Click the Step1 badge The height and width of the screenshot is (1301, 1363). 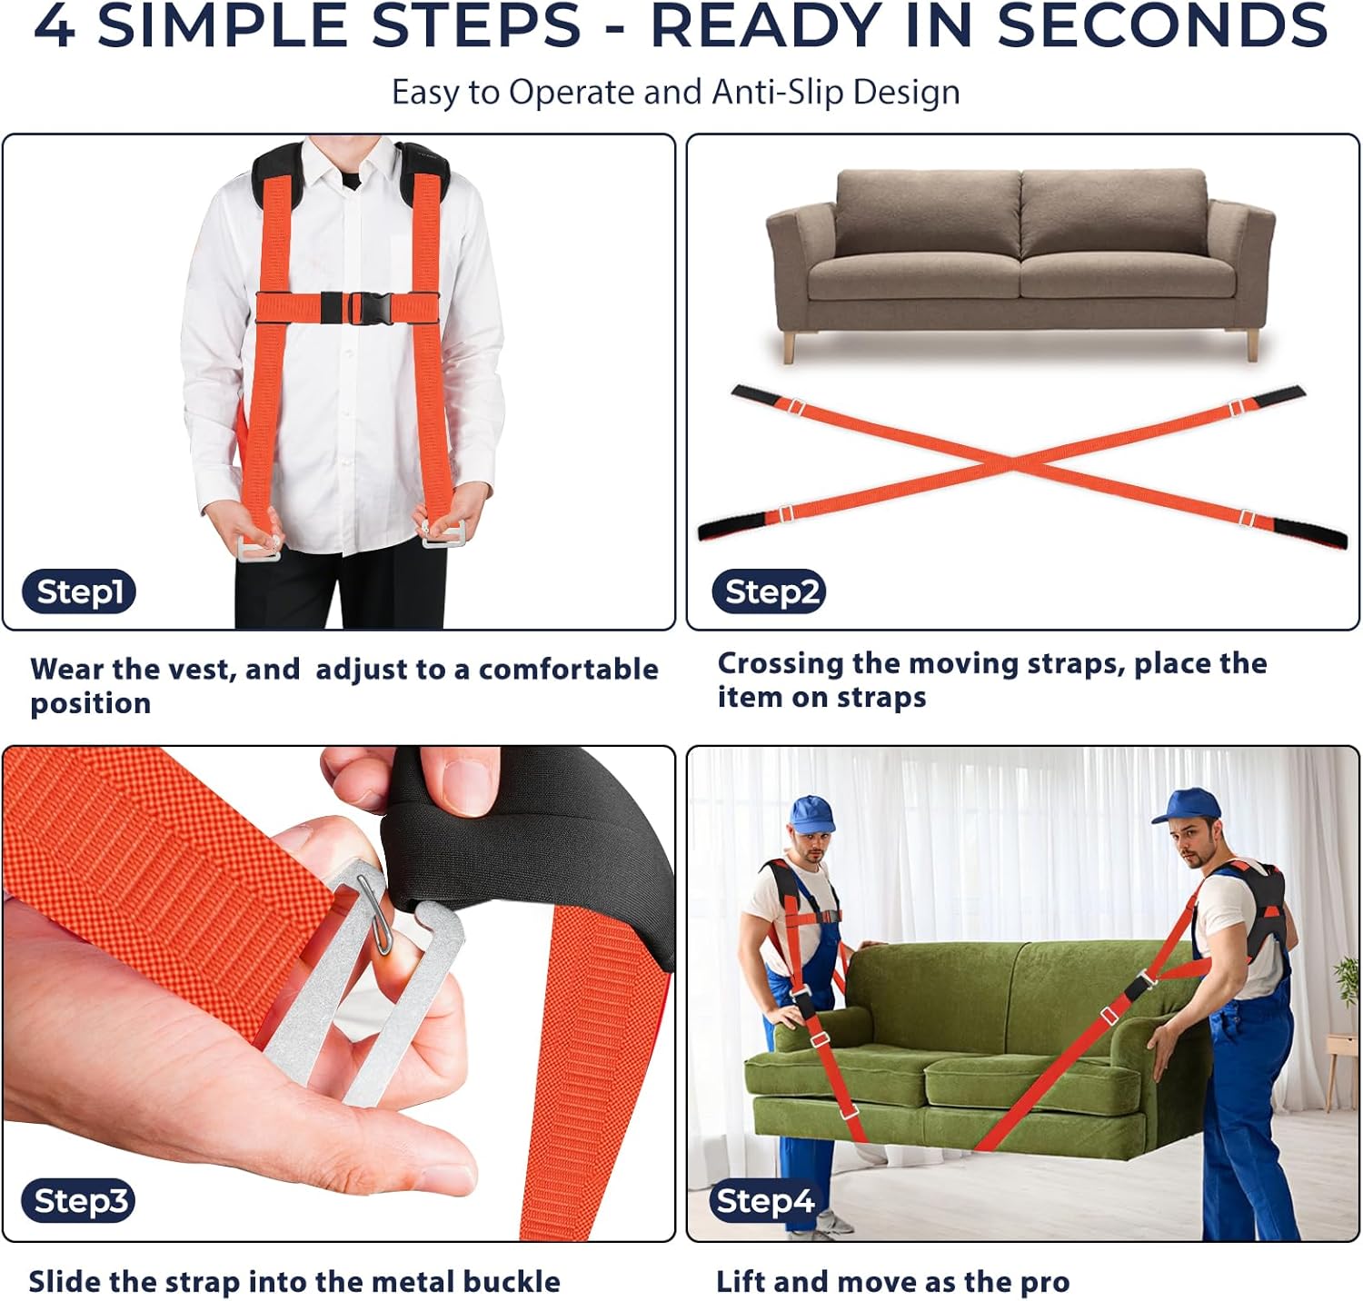pos(79,591)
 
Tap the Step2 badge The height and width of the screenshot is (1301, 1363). pos(769,591)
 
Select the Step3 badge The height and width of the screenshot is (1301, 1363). pos(79,1200)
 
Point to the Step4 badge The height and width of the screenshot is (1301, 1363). pos(765,1200)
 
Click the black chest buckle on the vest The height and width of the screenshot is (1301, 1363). pos(356,307)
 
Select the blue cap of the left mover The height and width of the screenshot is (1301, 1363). pos(811,813)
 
